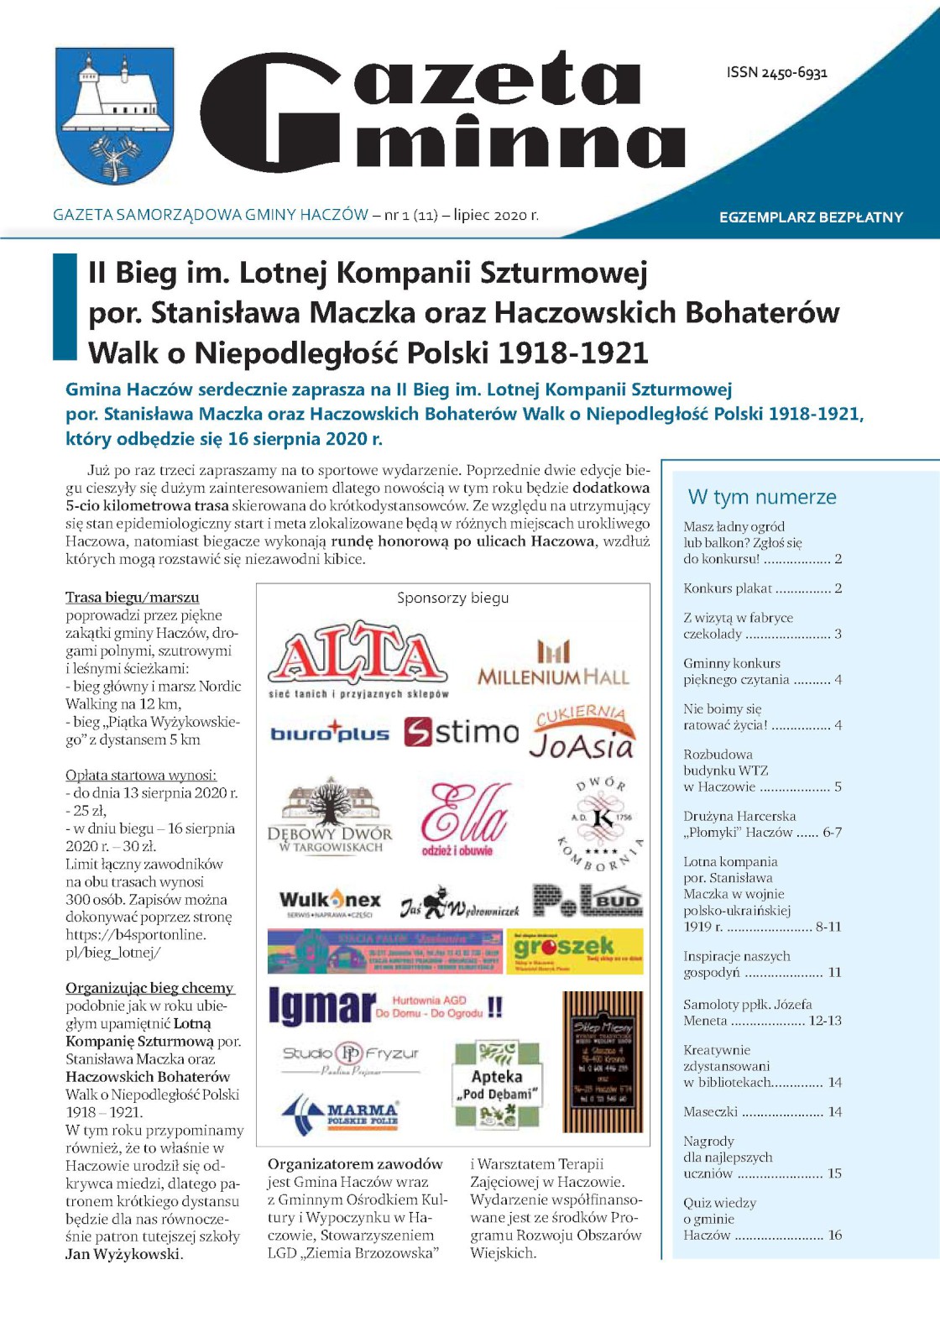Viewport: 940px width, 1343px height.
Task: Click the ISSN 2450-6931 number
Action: (776, 73)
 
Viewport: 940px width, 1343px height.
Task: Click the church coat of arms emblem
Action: (115, 115)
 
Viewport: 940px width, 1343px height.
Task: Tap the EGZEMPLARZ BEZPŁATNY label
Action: (811, 217)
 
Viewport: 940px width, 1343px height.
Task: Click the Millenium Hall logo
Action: (553, 664)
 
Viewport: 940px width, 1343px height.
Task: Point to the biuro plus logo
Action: (330, 733)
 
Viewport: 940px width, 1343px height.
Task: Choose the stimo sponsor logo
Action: (462, 732)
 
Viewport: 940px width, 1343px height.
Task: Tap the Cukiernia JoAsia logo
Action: (581, 733)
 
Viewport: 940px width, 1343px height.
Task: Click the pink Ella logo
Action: (464, 818)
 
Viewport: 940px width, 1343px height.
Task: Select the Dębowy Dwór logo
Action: (330, 818)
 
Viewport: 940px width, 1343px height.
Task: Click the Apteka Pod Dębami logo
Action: (496, 1084)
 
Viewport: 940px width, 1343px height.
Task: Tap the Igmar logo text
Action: (322, 1006)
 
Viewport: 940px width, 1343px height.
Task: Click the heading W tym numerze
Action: (762, 497)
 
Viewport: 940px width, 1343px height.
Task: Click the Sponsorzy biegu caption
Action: (452, 598)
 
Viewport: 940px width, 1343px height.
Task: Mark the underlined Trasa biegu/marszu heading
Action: (133, 598)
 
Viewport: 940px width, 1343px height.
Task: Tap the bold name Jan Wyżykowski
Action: (123, 1254)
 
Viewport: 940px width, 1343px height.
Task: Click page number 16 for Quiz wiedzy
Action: (834, 1236)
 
